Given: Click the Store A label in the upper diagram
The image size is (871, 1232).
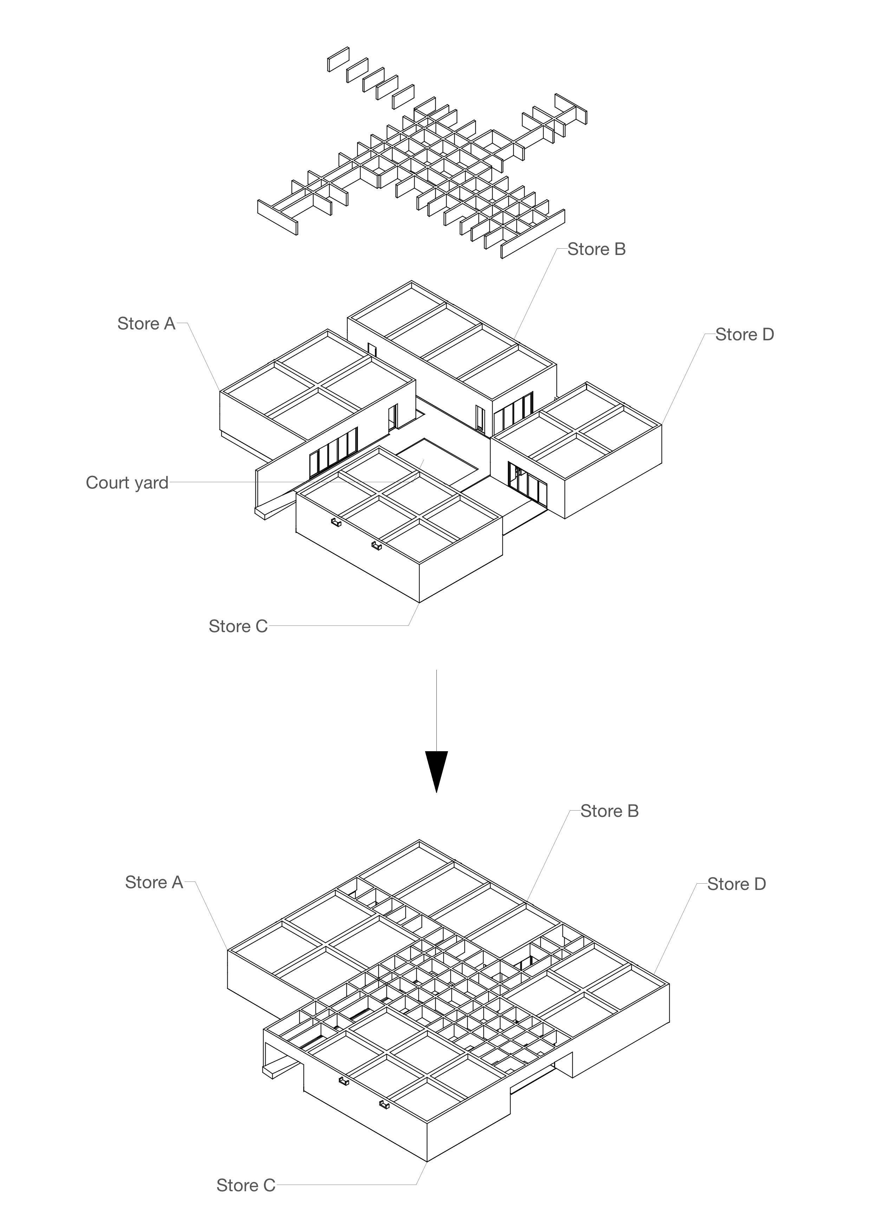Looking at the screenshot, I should pyautogui.click(x=146, y=323).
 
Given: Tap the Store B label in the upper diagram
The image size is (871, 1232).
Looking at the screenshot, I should pyautogui.click(x=596, y=249).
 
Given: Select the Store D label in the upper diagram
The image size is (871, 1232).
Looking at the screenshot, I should pyautogui.click(x=745, y=335).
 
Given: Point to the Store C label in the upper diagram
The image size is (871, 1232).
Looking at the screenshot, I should pyautogui.click(x=238, y=626).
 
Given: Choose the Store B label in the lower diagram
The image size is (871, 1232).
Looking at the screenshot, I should pyautogui.click(x=609, y=811).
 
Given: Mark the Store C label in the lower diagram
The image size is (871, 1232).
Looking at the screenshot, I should pyautogui.click(x=246, y=1185).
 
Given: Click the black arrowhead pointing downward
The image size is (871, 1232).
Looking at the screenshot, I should pyautogui.click(x=436, y=769).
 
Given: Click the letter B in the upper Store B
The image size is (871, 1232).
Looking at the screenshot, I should pyautogui.click(x=620, y=249).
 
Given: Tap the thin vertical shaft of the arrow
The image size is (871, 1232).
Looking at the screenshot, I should pyautogui.click(x=436, y=708).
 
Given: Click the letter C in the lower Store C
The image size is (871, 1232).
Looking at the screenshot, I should pyautogui.click(x=269, y=1185).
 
